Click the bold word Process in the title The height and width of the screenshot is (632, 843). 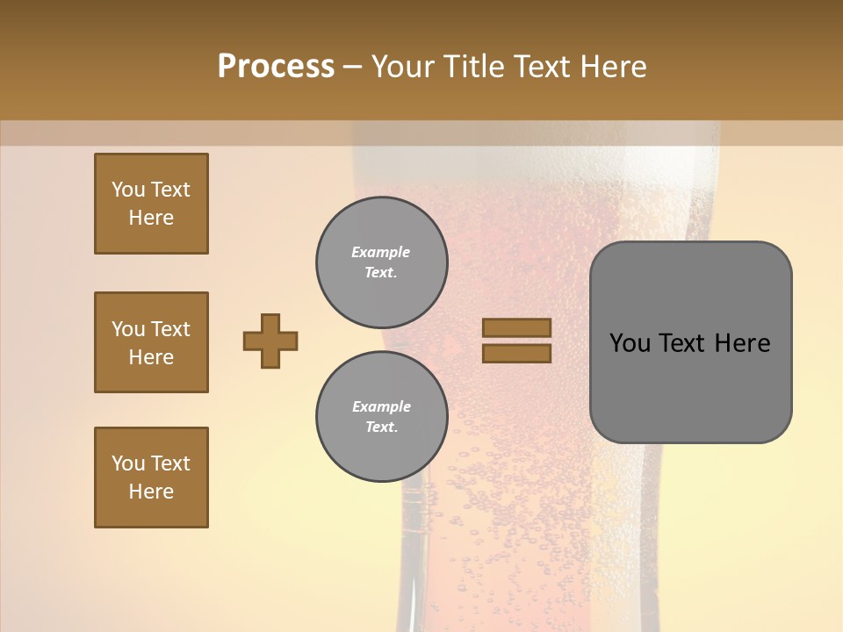(x=276, y=67)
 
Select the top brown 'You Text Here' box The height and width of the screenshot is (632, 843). (x=151, y=204)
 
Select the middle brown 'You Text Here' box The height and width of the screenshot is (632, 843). (x=151, y=342)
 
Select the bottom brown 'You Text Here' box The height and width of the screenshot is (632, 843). (x=151, y=478)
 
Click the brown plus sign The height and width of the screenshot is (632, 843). (x=270, y=341)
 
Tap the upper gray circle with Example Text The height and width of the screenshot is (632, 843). (x=382, y=262)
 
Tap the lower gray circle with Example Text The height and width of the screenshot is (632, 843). (x=382, y=417)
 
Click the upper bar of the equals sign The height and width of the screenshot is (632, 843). (x=516, y=328)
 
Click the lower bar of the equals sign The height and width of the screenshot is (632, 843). (x=516, y=353)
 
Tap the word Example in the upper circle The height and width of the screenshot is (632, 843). (x=380, y=252)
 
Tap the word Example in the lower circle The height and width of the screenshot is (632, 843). (x=381, y=406)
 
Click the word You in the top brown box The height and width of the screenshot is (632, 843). (x=128, y=190)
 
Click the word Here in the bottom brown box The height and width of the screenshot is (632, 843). (x=151, y=492)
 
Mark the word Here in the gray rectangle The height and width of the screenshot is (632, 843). (x=742, y=343)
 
